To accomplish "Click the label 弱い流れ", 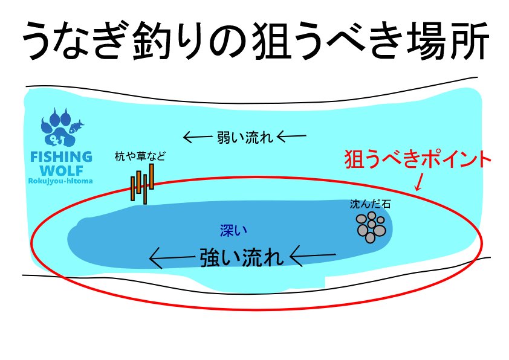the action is (x=245, y=138).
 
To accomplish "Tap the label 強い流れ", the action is (x=241, y=258).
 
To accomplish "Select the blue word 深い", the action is (x=233, y=230).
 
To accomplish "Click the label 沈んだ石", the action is (x=370, y=204).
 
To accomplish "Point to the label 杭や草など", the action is (x=140, y=156).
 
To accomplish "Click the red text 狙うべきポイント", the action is (x=417, y=159).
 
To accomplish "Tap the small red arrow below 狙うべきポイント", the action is (x=420, y=182).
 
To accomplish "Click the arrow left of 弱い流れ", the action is (x=198, y=137).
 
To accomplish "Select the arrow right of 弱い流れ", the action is (x=291, y=137).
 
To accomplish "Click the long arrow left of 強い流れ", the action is (x=172, y=258).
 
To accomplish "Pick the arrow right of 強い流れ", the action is (x=313, y=256).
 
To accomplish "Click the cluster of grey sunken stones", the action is (x=371, y=227).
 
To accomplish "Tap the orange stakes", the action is (x=142, y=184).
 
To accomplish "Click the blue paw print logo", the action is (x=59, y=127).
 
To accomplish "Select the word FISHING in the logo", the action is (x=61, y=157).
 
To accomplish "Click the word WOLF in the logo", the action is (x=61, y=170).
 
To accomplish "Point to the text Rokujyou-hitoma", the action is (x=60, y=181).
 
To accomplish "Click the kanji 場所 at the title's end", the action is (x=447, y=40).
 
